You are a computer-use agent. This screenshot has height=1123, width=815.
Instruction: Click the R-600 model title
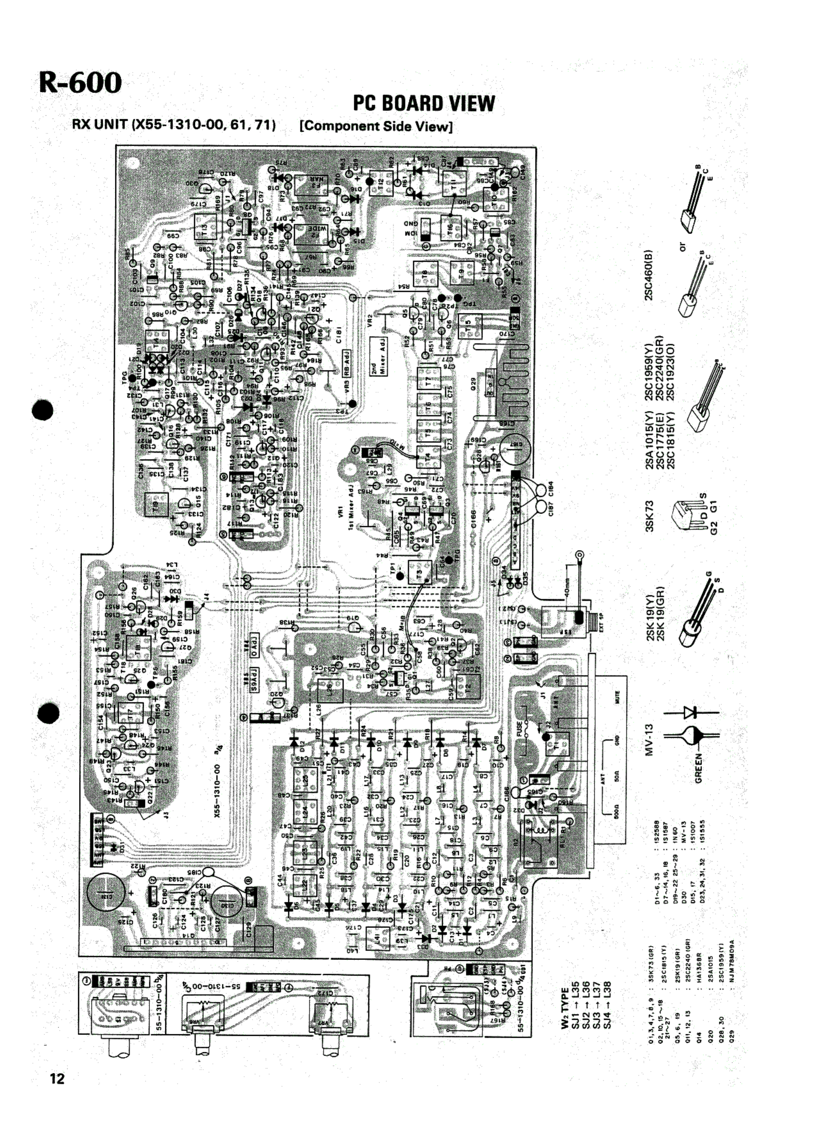[80, 83]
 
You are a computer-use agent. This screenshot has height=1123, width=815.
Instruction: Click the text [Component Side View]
[376, 126]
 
